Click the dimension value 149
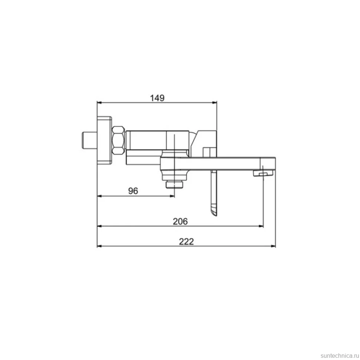click(157, 98)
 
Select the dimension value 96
click(133, 191)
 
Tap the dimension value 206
click(180, 221)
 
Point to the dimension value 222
click(186, 241)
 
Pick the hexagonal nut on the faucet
click(118, 140)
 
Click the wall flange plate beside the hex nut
click(104, 140)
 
